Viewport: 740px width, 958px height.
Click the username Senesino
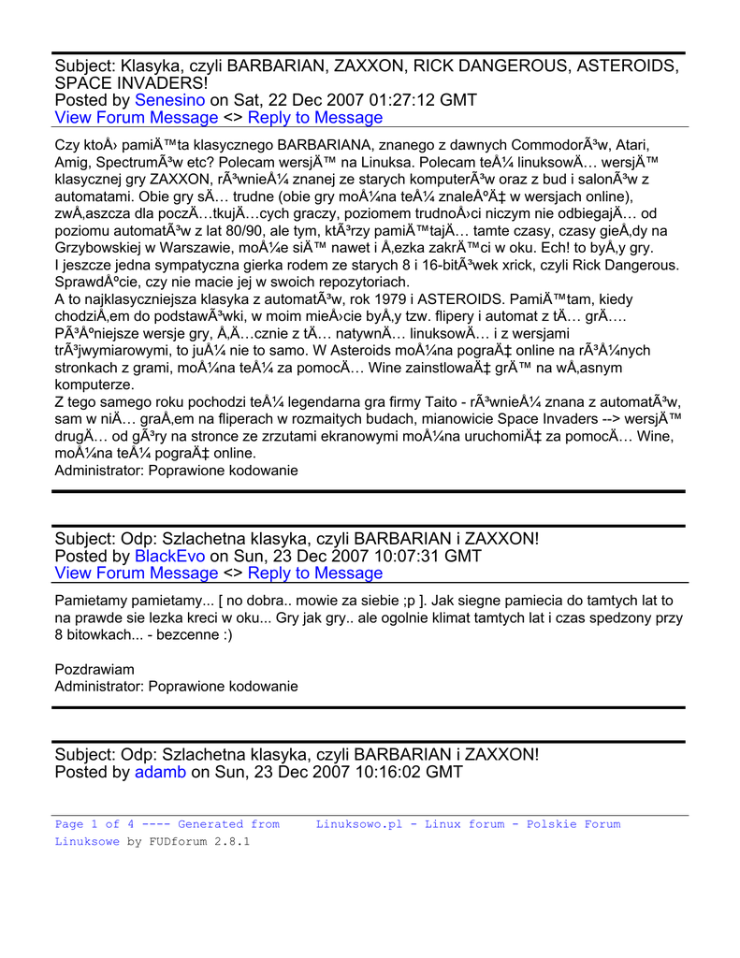coord(169,100)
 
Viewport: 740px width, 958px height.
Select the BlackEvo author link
coord(169,556)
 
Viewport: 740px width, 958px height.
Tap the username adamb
coord(160,772)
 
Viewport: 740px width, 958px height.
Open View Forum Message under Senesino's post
coord(136,118)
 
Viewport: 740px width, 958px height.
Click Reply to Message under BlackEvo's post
coord(315,573)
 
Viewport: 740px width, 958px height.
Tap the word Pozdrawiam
coord(94,669)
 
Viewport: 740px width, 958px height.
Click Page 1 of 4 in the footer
coord(88,824)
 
